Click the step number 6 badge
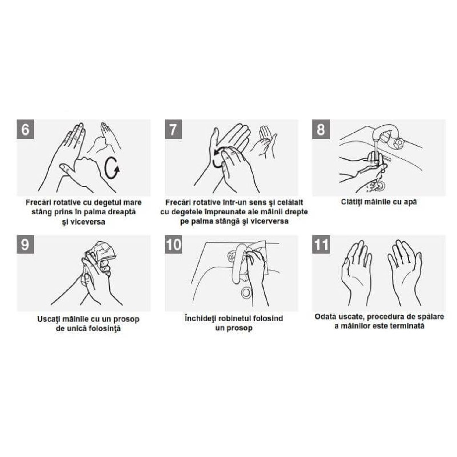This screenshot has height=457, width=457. tap(25, 129)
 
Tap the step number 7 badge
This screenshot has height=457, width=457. tap(173, 129)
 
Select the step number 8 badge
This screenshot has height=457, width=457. tap(321, 129)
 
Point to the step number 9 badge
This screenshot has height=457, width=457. tap(25, 245)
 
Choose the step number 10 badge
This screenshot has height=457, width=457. tap(173, 245)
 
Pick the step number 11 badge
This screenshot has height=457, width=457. tap(321, 245)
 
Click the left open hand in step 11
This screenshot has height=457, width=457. tap(357, 273)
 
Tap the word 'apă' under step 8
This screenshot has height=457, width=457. tap(410, 202)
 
